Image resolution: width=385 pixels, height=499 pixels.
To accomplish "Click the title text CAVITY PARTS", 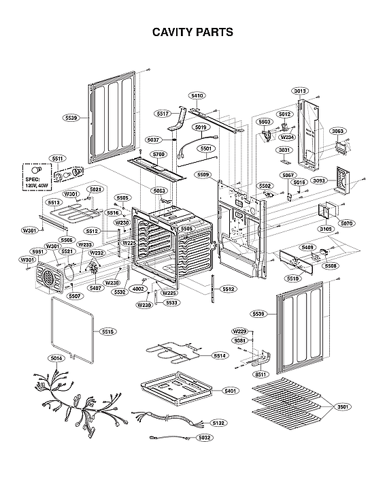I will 192,31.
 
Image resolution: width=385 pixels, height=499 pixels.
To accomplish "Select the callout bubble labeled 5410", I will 197,96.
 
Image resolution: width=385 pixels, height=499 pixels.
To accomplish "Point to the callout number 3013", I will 300,91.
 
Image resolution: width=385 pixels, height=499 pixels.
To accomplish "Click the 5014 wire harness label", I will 56,358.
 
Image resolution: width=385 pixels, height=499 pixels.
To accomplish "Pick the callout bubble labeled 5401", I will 230,391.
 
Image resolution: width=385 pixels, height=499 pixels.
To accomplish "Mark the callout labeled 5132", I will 218,423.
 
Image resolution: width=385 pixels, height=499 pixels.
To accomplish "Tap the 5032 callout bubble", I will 204,438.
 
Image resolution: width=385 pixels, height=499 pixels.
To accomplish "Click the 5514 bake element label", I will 219,355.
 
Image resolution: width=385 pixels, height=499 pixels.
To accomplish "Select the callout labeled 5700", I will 158,155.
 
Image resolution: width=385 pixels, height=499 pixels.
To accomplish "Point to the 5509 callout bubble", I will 203,175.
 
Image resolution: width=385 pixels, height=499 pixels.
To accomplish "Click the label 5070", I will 346,223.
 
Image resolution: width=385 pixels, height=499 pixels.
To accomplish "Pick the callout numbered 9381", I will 239,340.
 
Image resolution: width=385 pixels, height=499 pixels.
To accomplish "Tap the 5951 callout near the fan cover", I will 39,251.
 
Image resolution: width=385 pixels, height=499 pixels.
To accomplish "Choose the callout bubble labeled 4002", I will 139,289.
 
